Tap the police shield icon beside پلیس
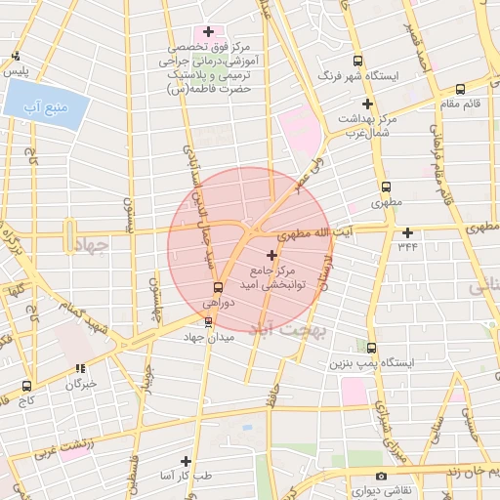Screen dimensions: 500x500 [x=14, y=57]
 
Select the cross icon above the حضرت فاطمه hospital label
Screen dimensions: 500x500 [x=208, y=31]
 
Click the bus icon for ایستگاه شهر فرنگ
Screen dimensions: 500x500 [x=356, y=60]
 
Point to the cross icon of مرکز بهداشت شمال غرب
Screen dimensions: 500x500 [x=368, y=104]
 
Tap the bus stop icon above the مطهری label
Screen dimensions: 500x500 [x=386, y=187]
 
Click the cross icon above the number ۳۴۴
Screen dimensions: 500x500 [x=407, y=232]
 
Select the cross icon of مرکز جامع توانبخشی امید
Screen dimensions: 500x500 [x=271, y=254]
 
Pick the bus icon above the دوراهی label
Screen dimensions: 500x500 [x=218, y=287]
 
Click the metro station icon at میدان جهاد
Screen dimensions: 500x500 [x=207, y=321]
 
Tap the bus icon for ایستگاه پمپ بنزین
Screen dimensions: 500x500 [x=371, y=347]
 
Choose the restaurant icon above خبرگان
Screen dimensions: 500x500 [x=80, y=368]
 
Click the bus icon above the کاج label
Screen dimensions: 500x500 [x=26, y=386]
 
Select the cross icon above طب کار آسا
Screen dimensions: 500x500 [x=186, y=460]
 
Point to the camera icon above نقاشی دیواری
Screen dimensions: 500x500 [x=381, y=476]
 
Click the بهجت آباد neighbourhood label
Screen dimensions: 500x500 [x=275, y=329]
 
